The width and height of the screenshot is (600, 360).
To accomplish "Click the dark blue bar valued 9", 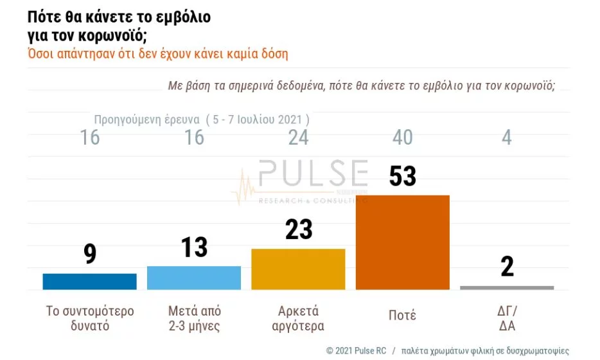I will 90,282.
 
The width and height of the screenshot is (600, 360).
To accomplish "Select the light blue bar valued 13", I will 194,278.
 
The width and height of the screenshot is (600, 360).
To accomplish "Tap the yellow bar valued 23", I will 298,269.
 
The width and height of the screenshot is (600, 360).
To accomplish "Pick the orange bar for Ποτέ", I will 402,242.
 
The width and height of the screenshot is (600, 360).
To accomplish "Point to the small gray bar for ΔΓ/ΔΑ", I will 507,287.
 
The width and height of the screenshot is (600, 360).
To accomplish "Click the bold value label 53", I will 403,176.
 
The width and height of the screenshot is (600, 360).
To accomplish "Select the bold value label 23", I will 299,230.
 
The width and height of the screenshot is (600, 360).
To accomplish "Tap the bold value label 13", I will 195,247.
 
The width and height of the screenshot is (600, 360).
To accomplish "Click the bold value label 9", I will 90,254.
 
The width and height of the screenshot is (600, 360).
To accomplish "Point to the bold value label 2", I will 507,266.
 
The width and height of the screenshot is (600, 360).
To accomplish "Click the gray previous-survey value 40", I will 403,137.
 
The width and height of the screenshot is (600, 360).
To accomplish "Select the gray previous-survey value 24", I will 299,137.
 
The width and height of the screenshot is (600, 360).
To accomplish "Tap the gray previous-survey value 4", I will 507,137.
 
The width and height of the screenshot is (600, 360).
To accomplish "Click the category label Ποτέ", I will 403,315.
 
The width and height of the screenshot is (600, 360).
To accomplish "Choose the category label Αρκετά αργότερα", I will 299,318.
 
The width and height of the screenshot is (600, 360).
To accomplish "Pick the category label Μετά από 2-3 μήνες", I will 195,318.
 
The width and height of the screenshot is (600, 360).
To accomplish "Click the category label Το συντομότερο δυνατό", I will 90,318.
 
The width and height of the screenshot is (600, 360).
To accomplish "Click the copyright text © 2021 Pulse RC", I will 355,351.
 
